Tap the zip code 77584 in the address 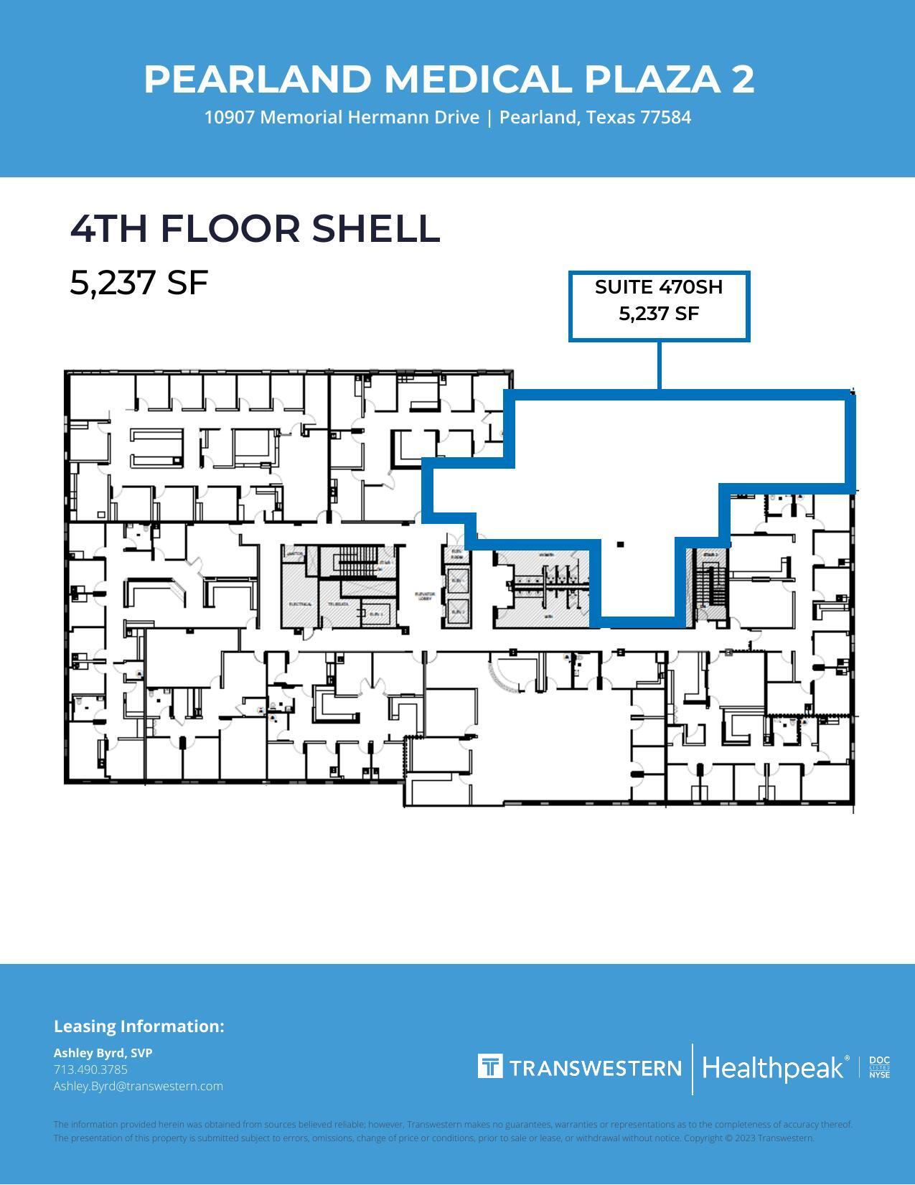(x=665, y=118)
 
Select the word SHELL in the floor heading (x=375, y=228)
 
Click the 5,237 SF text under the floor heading (x=139, y=282)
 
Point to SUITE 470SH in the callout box (x=658, y=287)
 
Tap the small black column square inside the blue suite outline (x=620, y=545)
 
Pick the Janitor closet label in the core (x=294, y=554)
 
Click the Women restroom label (x=546, y=555)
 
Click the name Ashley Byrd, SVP (x=103, y=1053)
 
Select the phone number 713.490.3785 (x=90, y=1069)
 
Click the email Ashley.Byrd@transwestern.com (x=138, y=1086)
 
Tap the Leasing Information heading (x=139, y=1026)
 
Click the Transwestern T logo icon (x=490, y=1067)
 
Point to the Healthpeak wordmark (x=774, y=1068)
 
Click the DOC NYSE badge (x=879, y=1067)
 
